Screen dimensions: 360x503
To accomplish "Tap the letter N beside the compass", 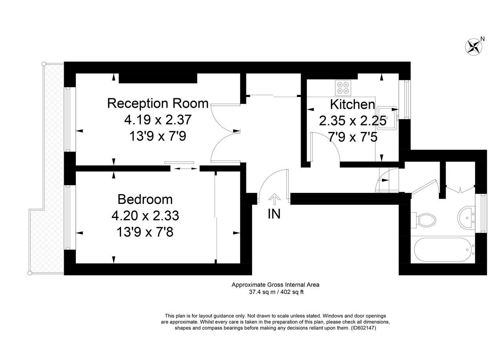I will click(x=483, y=39).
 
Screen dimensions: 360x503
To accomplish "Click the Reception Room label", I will click(x=158, y=103).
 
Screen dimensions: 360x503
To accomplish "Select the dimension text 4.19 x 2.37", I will click(x=158, y=119).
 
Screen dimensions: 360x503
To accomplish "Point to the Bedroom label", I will click(x=145, y=199).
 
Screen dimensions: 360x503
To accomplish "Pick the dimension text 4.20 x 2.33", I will click(x=145, y=216).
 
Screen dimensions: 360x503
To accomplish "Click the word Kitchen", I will click(x=352, y=105).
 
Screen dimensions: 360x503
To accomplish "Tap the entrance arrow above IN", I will click(x=274, y=198).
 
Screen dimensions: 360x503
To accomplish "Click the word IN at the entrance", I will click(x=274, y=214).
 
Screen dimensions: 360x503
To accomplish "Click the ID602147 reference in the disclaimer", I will click(x=363, y=328).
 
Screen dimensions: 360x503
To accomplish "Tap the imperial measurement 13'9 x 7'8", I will click(x=145, y=232).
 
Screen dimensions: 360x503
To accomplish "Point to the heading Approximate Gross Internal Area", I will click(x=275, y=285).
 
